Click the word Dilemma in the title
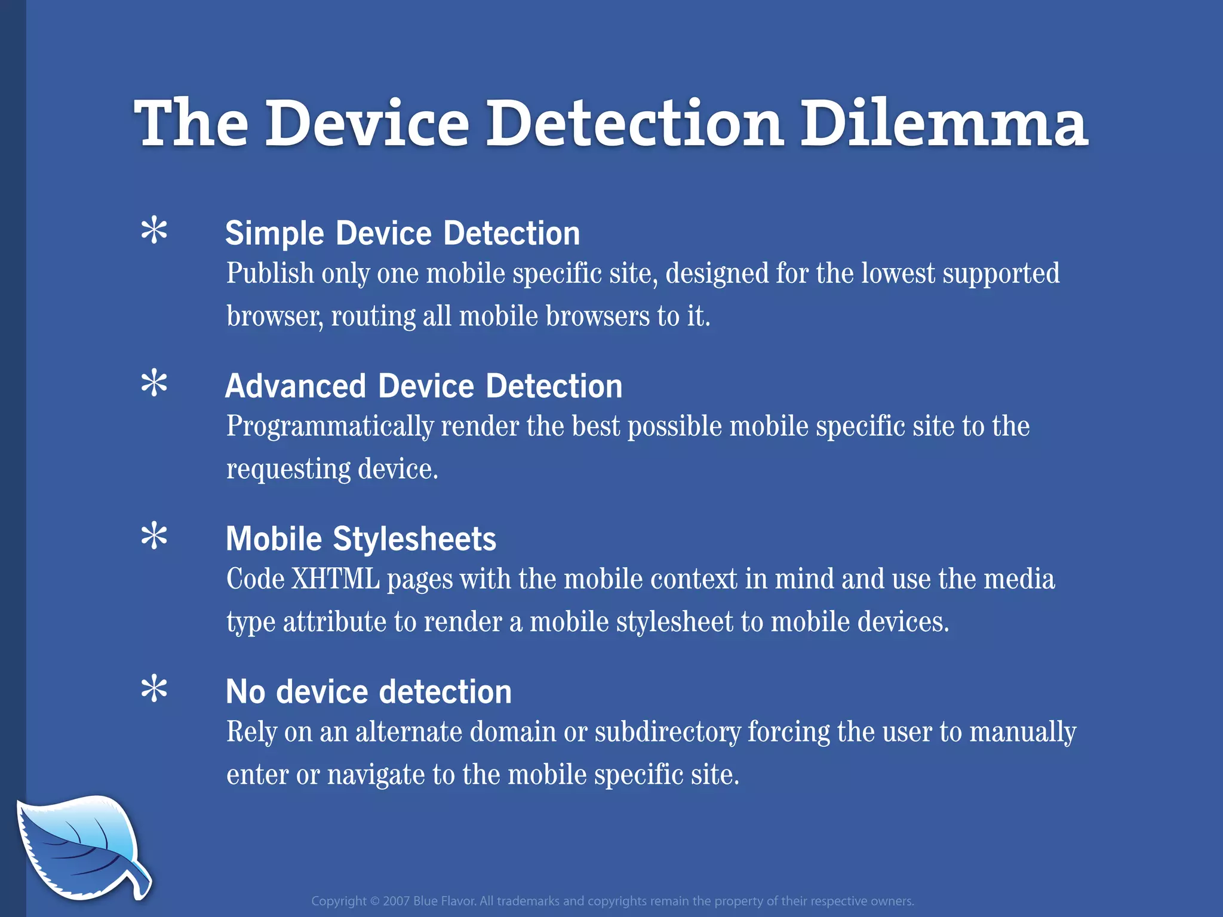pyautogui.click(x=944, y=124)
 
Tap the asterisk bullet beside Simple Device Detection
pyautogui.click(x=154, y=231)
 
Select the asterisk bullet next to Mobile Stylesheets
pyautogui.click(x=154, y=536)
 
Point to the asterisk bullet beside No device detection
pyautogui.click(x=154, y=689)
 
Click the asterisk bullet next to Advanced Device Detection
pyautogui.click(x=154, y=383)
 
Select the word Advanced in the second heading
pyautogui.click(x=296, y=386)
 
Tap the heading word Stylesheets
pyautogui.click(x=414, y=539)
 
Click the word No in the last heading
pyautogui.click(x=245, y=692)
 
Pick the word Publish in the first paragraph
pyautogui.click(x=270, y=274)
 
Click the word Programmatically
pyautogui.click(x=330, y=427)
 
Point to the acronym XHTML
pyautogui.click(x=335, y=579)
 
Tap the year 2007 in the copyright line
pyautogui.click(x=396, y=901)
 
